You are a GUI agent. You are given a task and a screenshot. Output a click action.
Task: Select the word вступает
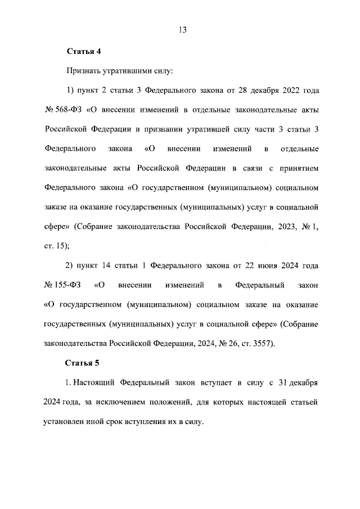tap(200, 382)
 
